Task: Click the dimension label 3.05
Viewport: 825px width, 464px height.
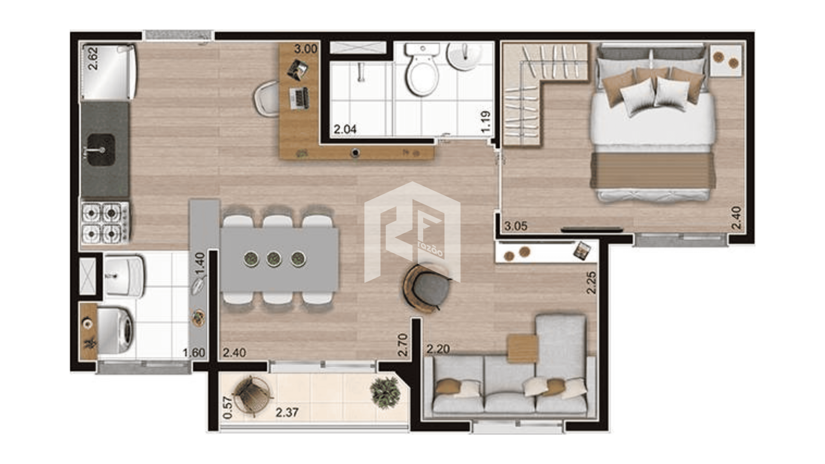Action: click(516, 226)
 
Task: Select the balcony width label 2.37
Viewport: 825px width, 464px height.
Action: click(287, 412)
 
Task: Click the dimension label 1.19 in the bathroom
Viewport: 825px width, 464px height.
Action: click(486, 122)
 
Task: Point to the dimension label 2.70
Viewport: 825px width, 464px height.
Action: click(403, 345)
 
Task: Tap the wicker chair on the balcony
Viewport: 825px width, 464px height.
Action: click(252, 395)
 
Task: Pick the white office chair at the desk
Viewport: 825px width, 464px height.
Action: click(267, 98)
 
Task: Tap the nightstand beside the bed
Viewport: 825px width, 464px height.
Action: click(726, 61)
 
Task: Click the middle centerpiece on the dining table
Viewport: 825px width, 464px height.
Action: click(274, 259)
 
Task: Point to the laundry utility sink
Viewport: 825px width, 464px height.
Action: click(123, 276)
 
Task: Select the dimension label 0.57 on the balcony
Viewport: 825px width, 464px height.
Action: click(228, 407)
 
